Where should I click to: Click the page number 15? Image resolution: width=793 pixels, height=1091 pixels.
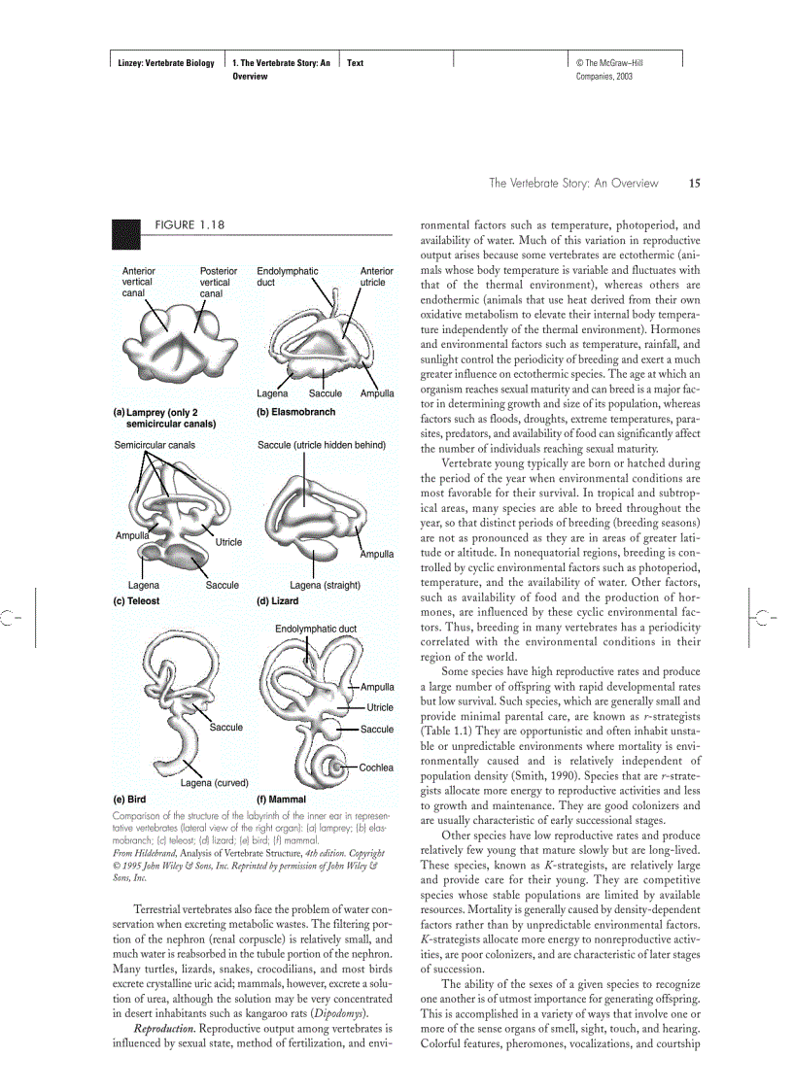pyautogui.click(x=694, y=183)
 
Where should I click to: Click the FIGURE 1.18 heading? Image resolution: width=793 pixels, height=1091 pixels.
pyautogui.click(x=190, y=224)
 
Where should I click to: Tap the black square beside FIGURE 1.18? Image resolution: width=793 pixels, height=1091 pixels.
pyautogui.click(x=124, y=230)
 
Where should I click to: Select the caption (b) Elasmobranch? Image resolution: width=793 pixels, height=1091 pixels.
pyautogui.click(x=295, y=412)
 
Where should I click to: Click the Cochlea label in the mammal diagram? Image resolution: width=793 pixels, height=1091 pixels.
pyautogui.click(x=376, y=767)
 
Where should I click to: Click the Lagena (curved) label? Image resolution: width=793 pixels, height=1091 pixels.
pyautogui.click(x=215, y=782)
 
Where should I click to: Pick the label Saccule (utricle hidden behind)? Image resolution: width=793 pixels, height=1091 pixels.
pyautogui.click(x=322, y=445)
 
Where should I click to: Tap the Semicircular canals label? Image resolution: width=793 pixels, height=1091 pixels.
pyautogui.click(x=155, y=445)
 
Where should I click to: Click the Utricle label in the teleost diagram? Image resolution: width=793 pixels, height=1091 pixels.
pyautogui.click(x=228, y=542)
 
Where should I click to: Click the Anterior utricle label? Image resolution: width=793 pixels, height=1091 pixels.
pyautogui.click(x=376, y=277)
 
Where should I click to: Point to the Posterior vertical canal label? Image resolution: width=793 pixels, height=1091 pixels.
pyautogui.click(x=218, y=282)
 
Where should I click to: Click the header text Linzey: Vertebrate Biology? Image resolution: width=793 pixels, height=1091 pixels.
pyautogui.click(x=160, y=63)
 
